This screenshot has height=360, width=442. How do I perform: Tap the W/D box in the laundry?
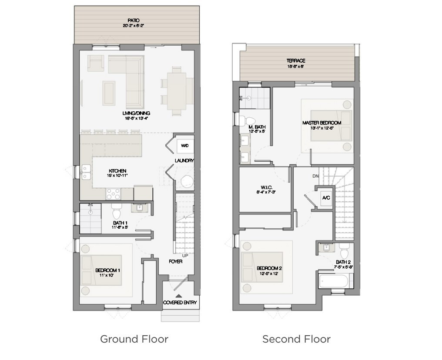[185, 146]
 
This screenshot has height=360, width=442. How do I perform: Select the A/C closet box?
[326, 198]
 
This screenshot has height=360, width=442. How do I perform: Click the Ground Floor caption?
[134, 339]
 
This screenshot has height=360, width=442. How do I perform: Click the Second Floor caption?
[296, 339]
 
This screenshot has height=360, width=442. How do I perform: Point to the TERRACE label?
[295, 61]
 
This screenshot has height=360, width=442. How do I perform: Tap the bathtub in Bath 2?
[334, 280]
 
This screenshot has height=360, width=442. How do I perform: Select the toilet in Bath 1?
[117, 212]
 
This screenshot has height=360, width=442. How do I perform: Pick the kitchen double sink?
[86, 172]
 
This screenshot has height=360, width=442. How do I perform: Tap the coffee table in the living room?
[109, 93]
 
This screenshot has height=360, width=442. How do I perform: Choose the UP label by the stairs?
[185, 255]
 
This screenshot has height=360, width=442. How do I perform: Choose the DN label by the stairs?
[316, 176]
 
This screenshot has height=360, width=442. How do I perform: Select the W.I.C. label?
[266, 188]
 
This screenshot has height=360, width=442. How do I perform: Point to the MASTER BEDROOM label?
[321, 123]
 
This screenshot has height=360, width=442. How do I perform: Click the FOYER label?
[176, 262]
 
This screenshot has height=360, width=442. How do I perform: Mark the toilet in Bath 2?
[344, 252]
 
